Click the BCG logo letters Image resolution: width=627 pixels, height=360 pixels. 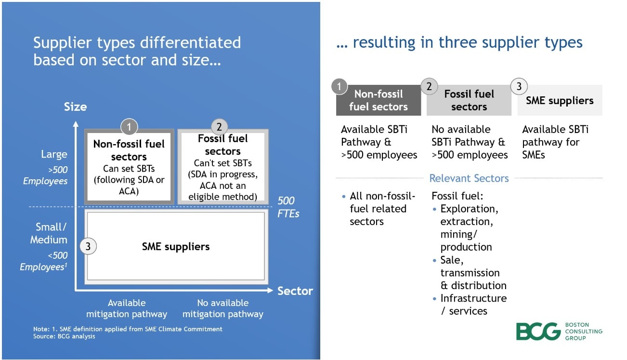538,332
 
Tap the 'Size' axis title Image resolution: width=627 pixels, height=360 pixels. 75,107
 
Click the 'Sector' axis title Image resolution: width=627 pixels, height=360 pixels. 295,291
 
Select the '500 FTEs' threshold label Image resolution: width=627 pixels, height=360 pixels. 288,207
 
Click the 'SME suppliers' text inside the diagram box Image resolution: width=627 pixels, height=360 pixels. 176,247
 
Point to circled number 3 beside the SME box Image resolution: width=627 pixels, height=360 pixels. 88,247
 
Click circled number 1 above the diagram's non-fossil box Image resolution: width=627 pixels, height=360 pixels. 129,127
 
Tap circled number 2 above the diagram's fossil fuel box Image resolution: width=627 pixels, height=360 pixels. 219,127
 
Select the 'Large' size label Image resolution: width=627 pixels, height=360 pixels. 54,155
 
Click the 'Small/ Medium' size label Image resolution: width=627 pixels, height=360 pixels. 49,233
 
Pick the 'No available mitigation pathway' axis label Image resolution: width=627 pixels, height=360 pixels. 223,308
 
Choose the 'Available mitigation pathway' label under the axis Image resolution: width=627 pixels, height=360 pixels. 127,308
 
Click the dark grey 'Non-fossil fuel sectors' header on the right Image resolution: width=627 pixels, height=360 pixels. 378,100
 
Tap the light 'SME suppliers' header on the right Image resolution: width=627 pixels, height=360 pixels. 560,101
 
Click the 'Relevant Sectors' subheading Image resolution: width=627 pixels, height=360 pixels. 469,178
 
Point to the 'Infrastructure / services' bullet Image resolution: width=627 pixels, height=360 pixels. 473,305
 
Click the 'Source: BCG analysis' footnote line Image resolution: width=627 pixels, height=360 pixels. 64,336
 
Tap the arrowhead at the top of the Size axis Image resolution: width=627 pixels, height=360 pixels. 76,124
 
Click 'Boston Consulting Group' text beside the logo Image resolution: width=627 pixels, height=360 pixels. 583,332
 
